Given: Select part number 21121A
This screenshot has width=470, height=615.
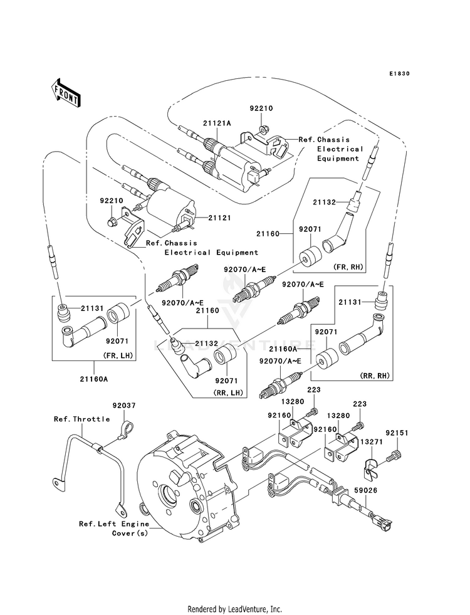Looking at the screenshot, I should pos(217,124).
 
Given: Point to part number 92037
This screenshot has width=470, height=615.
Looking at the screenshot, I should pos(123,406).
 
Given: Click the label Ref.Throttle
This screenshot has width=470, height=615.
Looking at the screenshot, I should pos(81,419).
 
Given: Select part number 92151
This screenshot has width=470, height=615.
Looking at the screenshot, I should pos(397,433).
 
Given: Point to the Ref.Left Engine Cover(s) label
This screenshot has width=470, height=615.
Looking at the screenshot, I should pos(114,528).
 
